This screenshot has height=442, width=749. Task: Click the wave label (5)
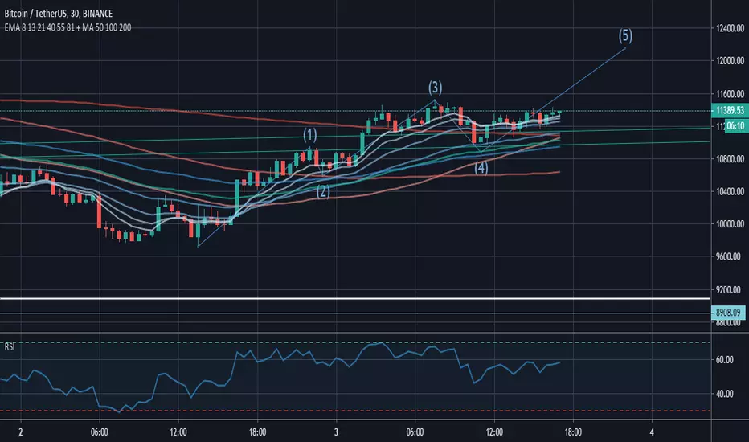pos(624,35)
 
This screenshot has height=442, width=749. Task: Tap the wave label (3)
pos(435,88)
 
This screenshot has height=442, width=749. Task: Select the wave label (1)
pos(310,135)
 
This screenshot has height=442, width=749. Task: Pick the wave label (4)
pos(481,168)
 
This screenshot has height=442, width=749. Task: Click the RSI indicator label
pos(10,347)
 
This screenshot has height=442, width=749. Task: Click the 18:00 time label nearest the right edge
pos(573,431)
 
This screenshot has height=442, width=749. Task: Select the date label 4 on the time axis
pos(652,431)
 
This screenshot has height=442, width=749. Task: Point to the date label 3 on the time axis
pos(336,431)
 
